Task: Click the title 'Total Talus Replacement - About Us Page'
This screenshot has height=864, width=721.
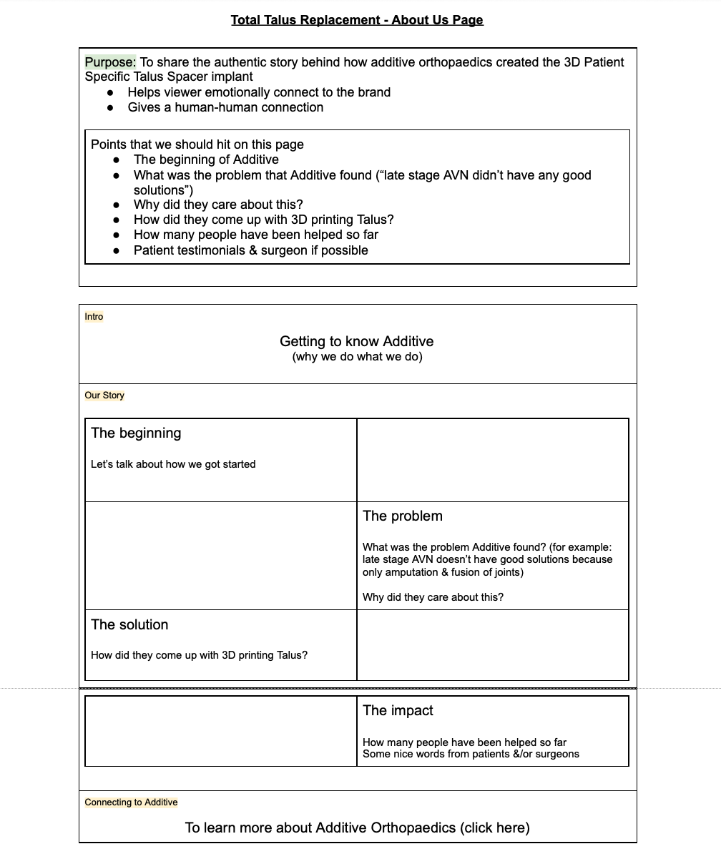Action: tap(357, 20)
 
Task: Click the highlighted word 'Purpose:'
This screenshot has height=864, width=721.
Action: tap(110, 62)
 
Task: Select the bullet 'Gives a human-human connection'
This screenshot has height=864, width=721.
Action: tap(225, 107)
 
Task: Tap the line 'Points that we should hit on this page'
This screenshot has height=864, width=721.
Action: tap(197, 144)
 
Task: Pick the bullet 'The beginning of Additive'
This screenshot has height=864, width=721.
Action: tap(206, 159)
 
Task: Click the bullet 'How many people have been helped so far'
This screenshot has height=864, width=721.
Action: tap(255, 235)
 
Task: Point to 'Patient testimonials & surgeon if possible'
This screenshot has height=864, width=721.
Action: tap(250, 250)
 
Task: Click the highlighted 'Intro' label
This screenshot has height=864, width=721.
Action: tap(94, 317)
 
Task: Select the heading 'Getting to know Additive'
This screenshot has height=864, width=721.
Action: tap(356, 341)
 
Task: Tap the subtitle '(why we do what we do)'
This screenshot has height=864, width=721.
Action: tap(357, 357)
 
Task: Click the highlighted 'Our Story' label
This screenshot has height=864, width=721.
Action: tap(104, 396)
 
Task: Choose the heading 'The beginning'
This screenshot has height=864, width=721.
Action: tap(136, 433)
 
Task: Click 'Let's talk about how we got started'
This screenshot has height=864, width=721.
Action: tap(173, 464)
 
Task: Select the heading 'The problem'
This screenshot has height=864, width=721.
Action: tap(402, 516)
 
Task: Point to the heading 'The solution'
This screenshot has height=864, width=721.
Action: tap(129, 624)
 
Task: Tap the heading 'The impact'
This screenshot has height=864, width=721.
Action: tap(398, 710)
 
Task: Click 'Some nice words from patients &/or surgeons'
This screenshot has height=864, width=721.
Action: tap(471, 754)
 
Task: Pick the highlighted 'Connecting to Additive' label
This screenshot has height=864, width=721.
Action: tap(131, 802)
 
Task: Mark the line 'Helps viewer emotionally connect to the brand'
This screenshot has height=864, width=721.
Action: tap(259, 92)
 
